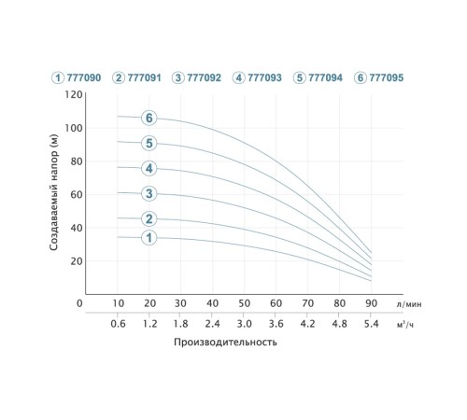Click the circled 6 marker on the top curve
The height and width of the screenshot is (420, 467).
point(149,118)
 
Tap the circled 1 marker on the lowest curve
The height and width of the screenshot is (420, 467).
point(149,238)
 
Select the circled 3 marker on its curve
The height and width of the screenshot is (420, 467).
point(149,193)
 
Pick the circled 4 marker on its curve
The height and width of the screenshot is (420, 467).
point(149,168)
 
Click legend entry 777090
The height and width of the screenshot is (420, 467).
point(77,77)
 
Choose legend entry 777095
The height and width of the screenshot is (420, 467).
point(379,77)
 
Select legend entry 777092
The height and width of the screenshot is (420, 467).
point(197,77)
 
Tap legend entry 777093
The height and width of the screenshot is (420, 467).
point(257,77)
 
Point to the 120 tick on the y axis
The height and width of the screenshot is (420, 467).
point(74,94)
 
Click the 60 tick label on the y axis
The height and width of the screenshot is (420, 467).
point(77,194)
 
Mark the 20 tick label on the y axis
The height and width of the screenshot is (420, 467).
point(77,261)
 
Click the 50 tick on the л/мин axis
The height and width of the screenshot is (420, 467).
point(245,303)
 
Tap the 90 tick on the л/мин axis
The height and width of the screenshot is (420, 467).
point(371,303)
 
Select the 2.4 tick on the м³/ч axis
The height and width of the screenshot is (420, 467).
point(212,324)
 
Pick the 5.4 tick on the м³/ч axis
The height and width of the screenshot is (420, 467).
point(371,324)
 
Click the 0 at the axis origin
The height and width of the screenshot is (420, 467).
point(79,303)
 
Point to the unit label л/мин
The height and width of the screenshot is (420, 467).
point(409,304)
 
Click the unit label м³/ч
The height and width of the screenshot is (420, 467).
point(405,325)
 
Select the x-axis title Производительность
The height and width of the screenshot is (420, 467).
point(225,342)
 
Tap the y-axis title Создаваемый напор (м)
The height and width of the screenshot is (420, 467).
point(53,192)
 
